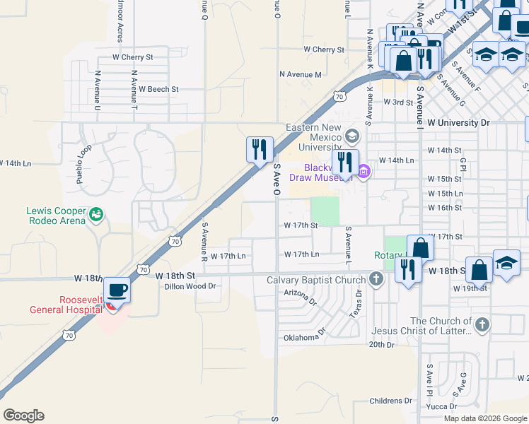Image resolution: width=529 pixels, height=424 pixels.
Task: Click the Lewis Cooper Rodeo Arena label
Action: [56, 216]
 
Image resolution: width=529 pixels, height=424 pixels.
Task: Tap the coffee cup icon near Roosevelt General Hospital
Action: [117, 289]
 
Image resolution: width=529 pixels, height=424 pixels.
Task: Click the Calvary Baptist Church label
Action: [315, 279]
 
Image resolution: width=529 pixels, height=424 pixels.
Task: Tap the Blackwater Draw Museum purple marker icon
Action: [364, 171]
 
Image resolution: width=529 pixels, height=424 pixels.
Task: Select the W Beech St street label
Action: [158, 90]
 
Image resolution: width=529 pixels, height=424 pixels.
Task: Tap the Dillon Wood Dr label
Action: [189, 286]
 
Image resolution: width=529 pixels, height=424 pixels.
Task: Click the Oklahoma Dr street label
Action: [305, 337]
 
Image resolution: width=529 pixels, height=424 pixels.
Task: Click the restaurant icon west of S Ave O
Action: [260, 149]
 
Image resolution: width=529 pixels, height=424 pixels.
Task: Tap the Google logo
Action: [23, 416]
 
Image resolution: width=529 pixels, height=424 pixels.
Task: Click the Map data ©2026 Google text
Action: [484, 418]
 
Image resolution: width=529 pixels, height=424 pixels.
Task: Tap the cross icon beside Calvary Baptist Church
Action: [376, 278]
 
